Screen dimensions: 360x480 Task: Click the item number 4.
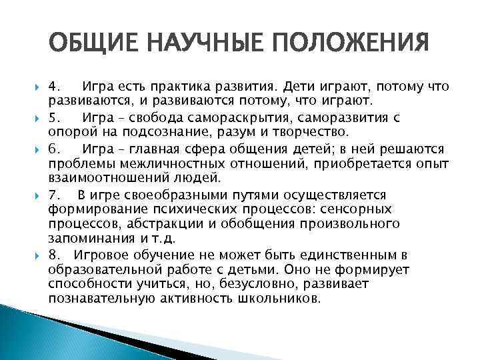54,87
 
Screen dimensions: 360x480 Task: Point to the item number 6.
54,148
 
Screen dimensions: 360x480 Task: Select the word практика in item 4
163,87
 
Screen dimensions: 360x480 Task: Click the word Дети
297,87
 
